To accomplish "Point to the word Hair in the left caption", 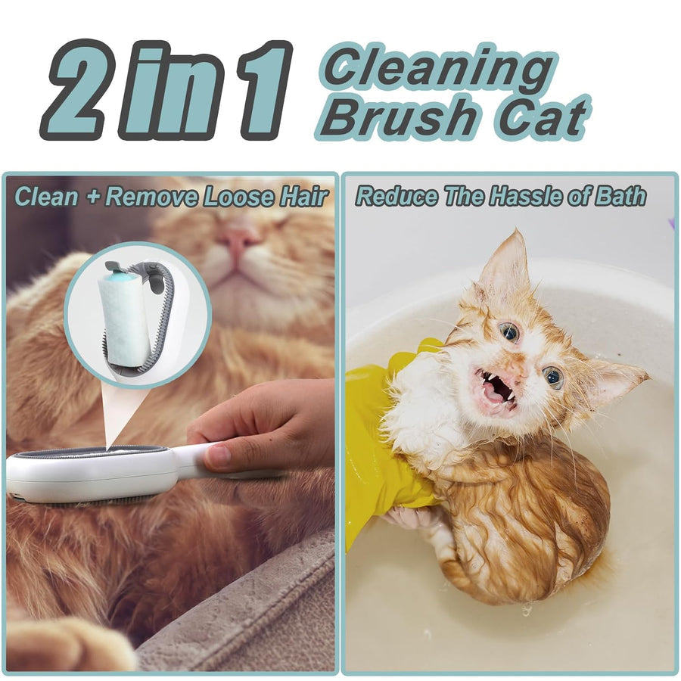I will pyautogui.click(x=306, y=197).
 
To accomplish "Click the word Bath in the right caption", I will pyautogui.click(x=622, y=196).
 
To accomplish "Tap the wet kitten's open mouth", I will pyautogui.click(x=496, y=387).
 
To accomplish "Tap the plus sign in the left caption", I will pyautogui.click(x=92, y=197).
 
